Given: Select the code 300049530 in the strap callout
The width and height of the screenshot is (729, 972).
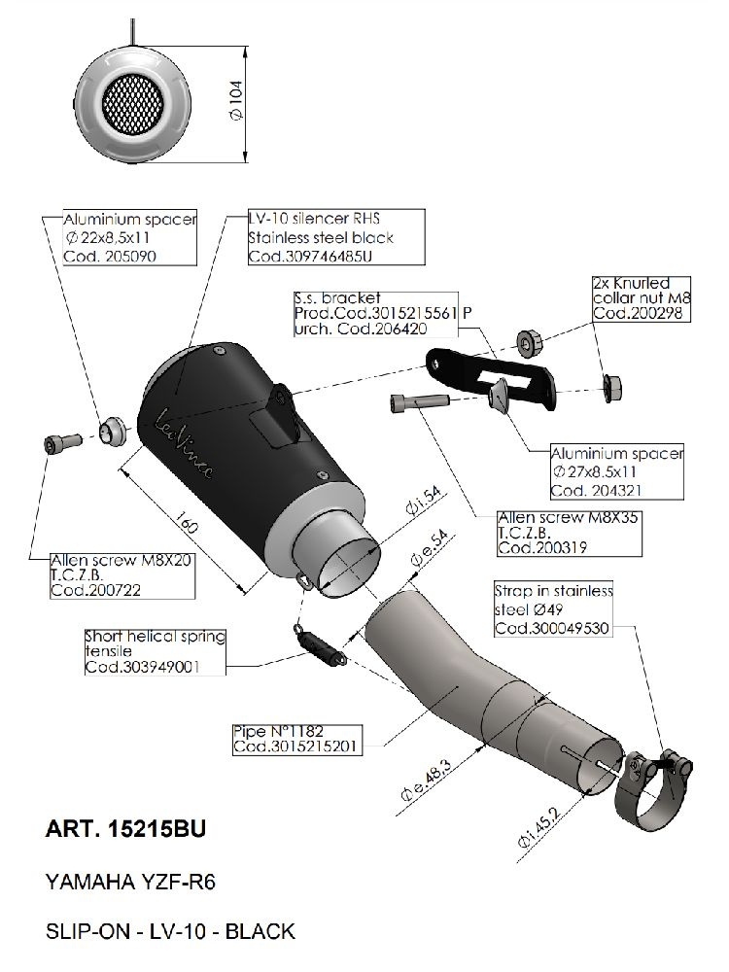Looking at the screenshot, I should (x=551, y=629).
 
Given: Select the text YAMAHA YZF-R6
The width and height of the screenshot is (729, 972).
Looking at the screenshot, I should (x=131, y=884).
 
